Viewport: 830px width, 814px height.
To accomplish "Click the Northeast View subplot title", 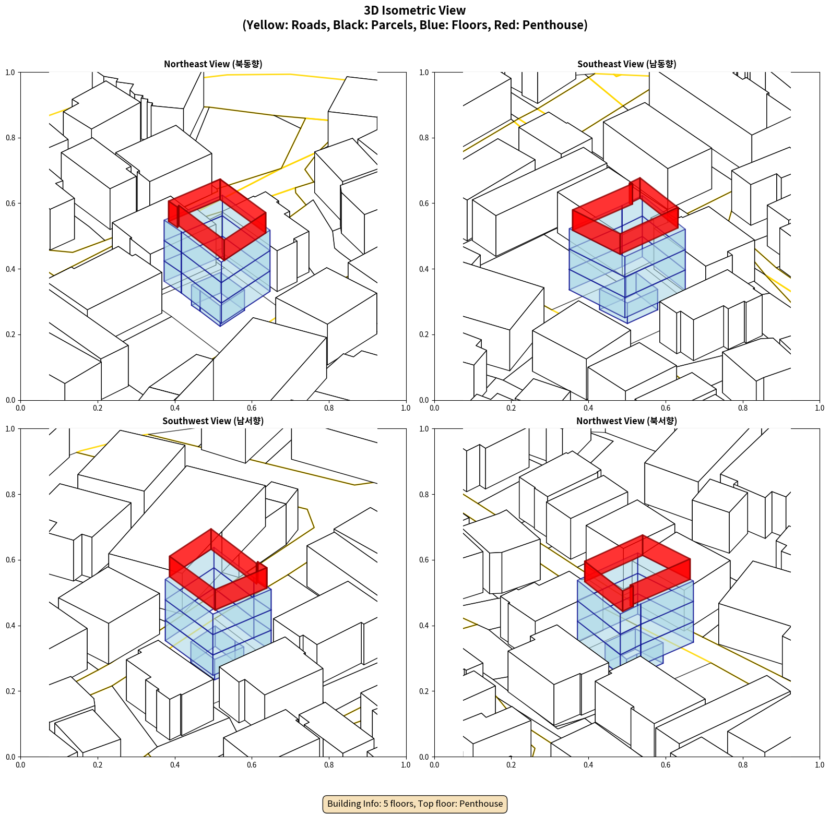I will (x=213, y=64).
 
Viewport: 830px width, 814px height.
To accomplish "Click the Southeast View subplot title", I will (x=626, y=64).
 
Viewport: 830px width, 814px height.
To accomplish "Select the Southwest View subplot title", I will (x=213, y=421).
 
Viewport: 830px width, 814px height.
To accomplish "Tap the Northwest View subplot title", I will (x=626, y=421).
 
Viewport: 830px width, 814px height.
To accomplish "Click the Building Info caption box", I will (x=415, y=804).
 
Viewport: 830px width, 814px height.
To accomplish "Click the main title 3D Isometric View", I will (x=415, y=10).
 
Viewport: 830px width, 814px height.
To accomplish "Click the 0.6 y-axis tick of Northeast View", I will (x=10, y=203).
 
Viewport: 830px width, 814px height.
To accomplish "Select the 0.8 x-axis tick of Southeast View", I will (x=743, y=408).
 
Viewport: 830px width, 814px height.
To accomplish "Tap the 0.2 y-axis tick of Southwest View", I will (x=10, y=691).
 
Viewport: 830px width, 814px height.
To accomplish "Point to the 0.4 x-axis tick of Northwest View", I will (x=588, y=765).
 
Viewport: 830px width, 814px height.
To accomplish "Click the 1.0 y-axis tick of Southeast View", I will (x=424, y=73).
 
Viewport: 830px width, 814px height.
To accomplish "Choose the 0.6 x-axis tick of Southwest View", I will (x=252, y=765).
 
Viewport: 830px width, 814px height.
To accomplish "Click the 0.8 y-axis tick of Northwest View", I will (x=424, y=495).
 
